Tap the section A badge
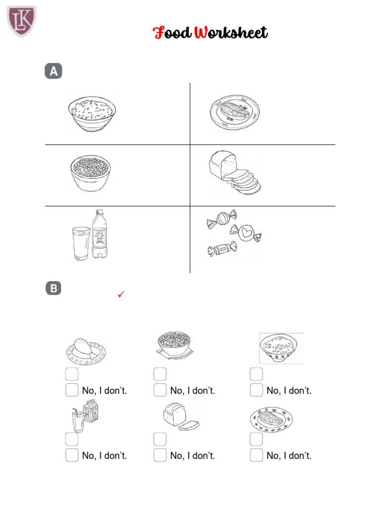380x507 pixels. coord(53,71)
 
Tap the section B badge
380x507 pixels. coord(53,288)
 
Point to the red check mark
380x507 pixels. coord(121,295)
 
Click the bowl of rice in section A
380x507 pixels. coord(93,113)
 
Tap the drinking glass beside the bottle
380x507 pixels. coord(81,243)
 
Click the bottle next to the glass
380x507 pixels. coord(100,234)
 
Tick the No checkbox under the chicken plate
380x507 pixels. coord(72,390)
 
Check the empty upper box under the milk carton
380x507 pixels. coord(72,439)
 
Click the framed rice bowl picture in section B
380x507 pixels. coord(281,348)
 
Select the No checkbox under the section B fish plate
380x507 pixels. coord(256,455)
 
